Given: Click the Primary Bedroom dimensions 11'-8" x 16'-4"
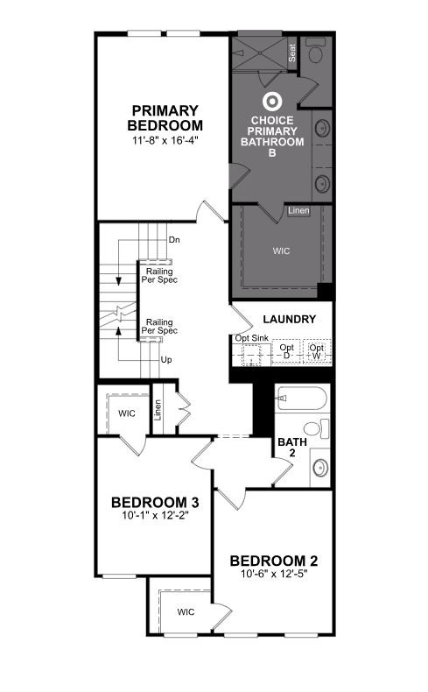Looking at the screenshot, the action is point(165,141).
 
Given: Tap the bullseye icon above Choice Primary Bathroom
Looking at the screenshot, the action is point(272,102).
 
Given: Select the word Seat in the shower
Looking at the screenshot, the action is point(291,53).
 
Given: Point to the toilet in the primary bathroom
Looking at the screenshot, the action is point(315,50).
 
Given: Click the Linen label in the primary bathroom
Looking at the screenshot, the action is point(298,210).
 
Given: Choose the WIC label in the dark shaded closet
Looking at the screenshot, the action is point(281,251).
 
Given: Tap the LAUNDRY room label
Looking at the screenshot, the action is point(289,319).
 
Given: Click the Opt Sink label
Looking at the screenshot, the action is point(252,338).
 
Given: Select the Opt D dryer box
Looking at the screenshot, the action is point(286,351).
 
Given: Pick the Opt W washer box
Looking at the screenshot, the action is point(317,351).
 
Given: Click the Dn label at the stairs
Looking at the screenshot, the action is point(174,240).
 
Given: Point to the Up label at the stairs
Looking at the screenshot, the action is point(166,360).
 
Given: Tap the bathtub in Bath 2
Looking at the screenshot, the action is point(302,398).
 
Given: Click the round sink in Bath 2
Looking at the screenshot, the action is point(320,468).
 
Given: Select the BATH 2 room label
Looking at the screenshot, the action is point(292,447).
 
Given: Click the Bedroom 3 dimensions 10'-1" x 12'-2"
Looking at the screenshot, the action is point(156,515).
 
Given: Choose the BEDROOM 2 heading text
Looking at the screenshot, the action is point(274,561).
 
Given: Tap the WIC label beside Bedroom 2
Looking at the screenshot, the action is point(186,611).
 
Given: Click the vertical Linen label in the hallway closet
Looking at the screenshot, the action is point(158,410).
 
